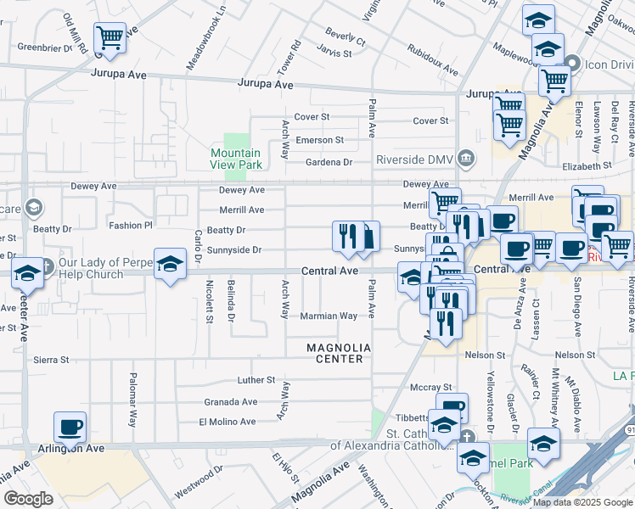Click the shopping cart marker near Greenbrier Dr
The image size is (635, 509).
pyautogui.click(x=110, y=39)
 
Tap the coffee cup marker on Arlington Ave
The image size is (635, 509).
pyautogui.click(x=70, y=428)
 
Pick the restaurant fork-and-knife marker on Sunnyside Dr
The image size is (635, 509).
pyautogui.click(x=348, y=237)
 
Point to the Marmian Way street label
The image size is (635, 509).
pyautogui.click(x=329, y=316)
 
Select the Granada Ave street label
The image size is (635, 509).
pyautogui.click(x=230, y=402)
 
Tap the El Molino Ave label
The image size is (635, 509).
pyautogui.click(x=227, y=422)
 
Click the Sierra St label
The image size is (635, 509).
pyautogui.click(x=51, y=360)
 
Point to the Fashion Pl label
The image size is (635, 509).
pyautogui.click(x=130, y=226)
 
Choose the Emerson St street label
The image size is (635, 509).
pyautogui.click(x=319, y=140)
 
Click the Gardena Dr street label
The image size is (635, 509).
pyautogui.click(x=329, y=162)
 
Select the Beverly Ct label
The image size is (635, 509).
pyautogui.click(x=346, y=40)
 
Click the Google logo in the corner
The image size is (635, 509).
pyautogui.click(x=28, y=499)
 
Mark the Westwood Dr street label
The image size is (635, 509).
pyautogui.click(x=199, y=492)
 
